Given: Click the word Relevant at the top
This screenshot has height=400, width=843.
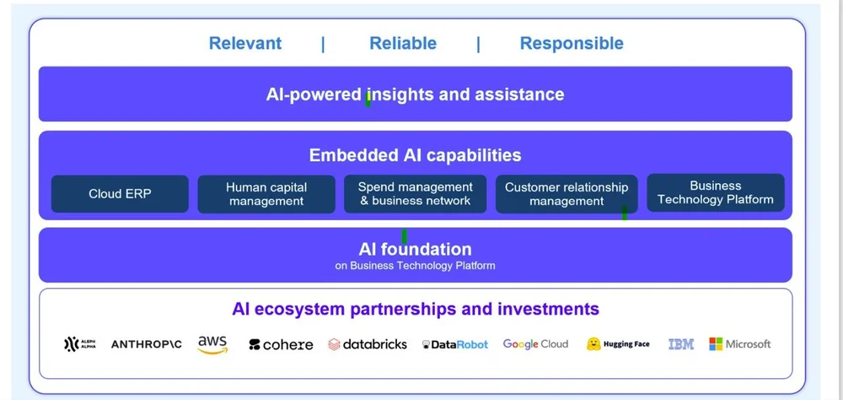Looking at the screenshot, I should (245, 44).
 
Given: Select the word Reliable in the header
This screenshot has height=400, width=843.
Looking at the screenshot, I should (403, 44).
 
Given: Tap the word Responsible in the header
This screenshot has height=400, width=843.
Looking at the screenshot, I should (572, 44).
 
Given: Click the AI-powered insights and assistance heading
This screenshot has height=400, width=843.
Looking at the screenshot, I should (415, 95).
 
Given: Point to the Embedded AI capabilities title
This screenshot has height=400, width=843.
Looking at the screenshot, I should (415, 155).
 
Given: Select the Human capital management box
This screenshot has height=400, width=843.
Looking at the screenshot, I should (266, 194).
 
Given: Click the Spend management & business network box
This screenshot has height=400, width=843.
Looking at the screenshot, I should (415, 194).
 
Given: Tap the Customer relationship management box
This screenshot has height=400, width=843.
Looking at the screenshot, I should (566, 194).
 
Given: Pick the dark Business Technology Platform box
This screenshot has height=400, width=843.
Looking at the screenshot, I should (715, 192).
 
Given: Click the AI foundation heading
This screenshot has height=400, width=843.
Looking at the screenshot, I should (415, 249).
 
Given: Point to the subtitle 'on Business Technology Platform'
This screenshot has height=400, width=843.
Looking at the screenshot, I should (415, 266).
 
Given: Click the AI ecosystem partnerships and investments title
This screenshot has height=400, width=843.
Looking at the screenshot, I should (415, 309).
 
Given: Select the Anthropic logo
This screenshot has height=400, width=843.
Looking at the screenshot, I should (147, 344).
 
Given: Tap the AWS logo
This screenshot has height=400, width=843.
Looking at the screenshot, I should (212, 344).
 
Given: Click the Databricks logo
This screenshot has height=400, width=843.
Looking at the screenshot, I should (368, 344).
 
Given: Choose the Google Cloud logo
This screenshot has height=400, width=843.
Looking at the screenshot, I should (535, 344).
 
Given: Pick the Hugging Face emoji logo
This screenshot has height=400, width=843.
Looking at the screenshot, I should (593, 344).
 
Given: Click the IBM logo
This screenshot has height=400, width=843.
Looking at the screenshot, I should (680, 344).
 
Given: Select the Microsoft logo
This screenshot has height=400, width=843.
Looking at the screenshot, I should (739, 344).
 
